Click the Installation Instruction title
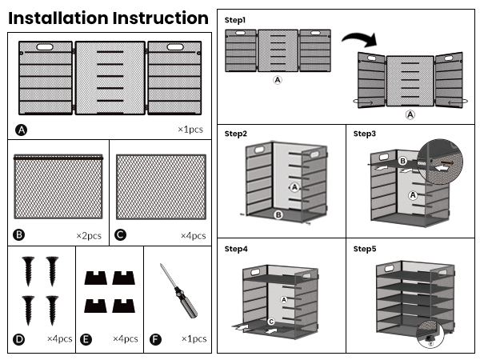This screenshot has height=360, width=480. [108, 18]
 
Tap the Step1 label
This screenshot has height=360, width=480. [235, 19]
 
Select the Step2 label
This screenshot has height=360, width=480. [235, 134]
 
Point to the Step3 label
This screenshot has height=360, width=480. [365, 134]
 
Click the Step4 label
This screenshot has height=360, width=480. [235, 249]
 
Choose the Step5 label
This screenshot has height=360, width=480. [365, 249]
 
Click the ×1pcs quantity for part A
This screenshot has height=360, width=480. [191, 129]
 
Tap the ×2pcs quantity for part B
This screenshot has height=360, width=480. [89, 235]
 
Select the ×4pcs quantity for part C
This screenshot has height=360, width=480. [193, 235]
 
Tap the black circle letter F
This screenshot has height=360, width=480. [156, 339]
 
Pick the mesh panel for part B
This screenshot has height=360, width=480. [59, 186]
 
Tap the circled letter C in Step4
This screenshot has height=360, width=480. [270, 322]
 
